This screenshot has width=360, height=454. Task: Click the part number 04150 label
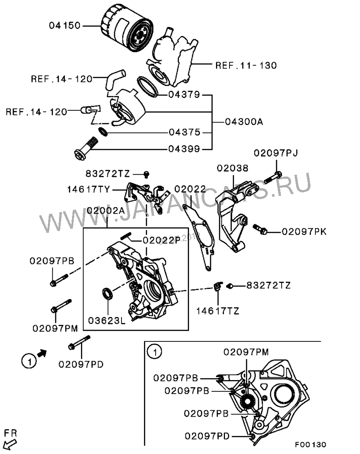click(64, 26)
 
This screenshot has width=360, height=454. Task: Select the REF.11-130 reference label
click(246, 65)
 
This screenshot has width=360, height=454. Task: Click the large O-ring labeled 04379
click(147, 86)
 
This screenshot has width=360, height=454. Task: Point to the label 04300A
click(244, 122)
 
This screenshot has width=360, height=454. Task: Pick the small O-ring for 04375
click(103, 132)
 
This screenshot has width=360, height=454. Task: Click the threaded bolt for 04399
click(86, 147)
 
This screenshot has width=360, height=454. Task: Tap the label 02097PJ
click(275, 153)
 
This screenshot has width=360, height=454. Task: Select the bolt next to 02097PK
click(260, 229)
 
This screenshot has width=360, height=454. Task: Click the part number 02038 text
click(233, 168)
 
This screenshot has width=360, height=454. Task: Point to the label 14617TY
click(89, 189)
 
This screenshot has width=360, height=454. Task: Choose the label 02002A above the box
click(105, 210)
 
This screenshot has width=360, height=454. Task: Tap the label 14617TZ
click(218, 311)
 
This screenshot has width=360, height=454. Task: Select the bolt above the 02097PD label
click(79, 342)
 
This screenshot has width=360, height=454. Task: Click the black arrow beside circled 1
click(42, 353)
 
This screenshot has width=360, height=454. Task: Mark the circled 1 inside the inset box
click(154, 352)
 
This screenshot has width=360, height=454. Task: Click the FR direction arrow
click(10, 444)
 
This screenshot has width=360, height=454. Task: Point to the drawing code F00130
click(310, 445)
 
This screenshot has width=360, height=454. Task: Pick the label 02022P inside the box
click(162, 241)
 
